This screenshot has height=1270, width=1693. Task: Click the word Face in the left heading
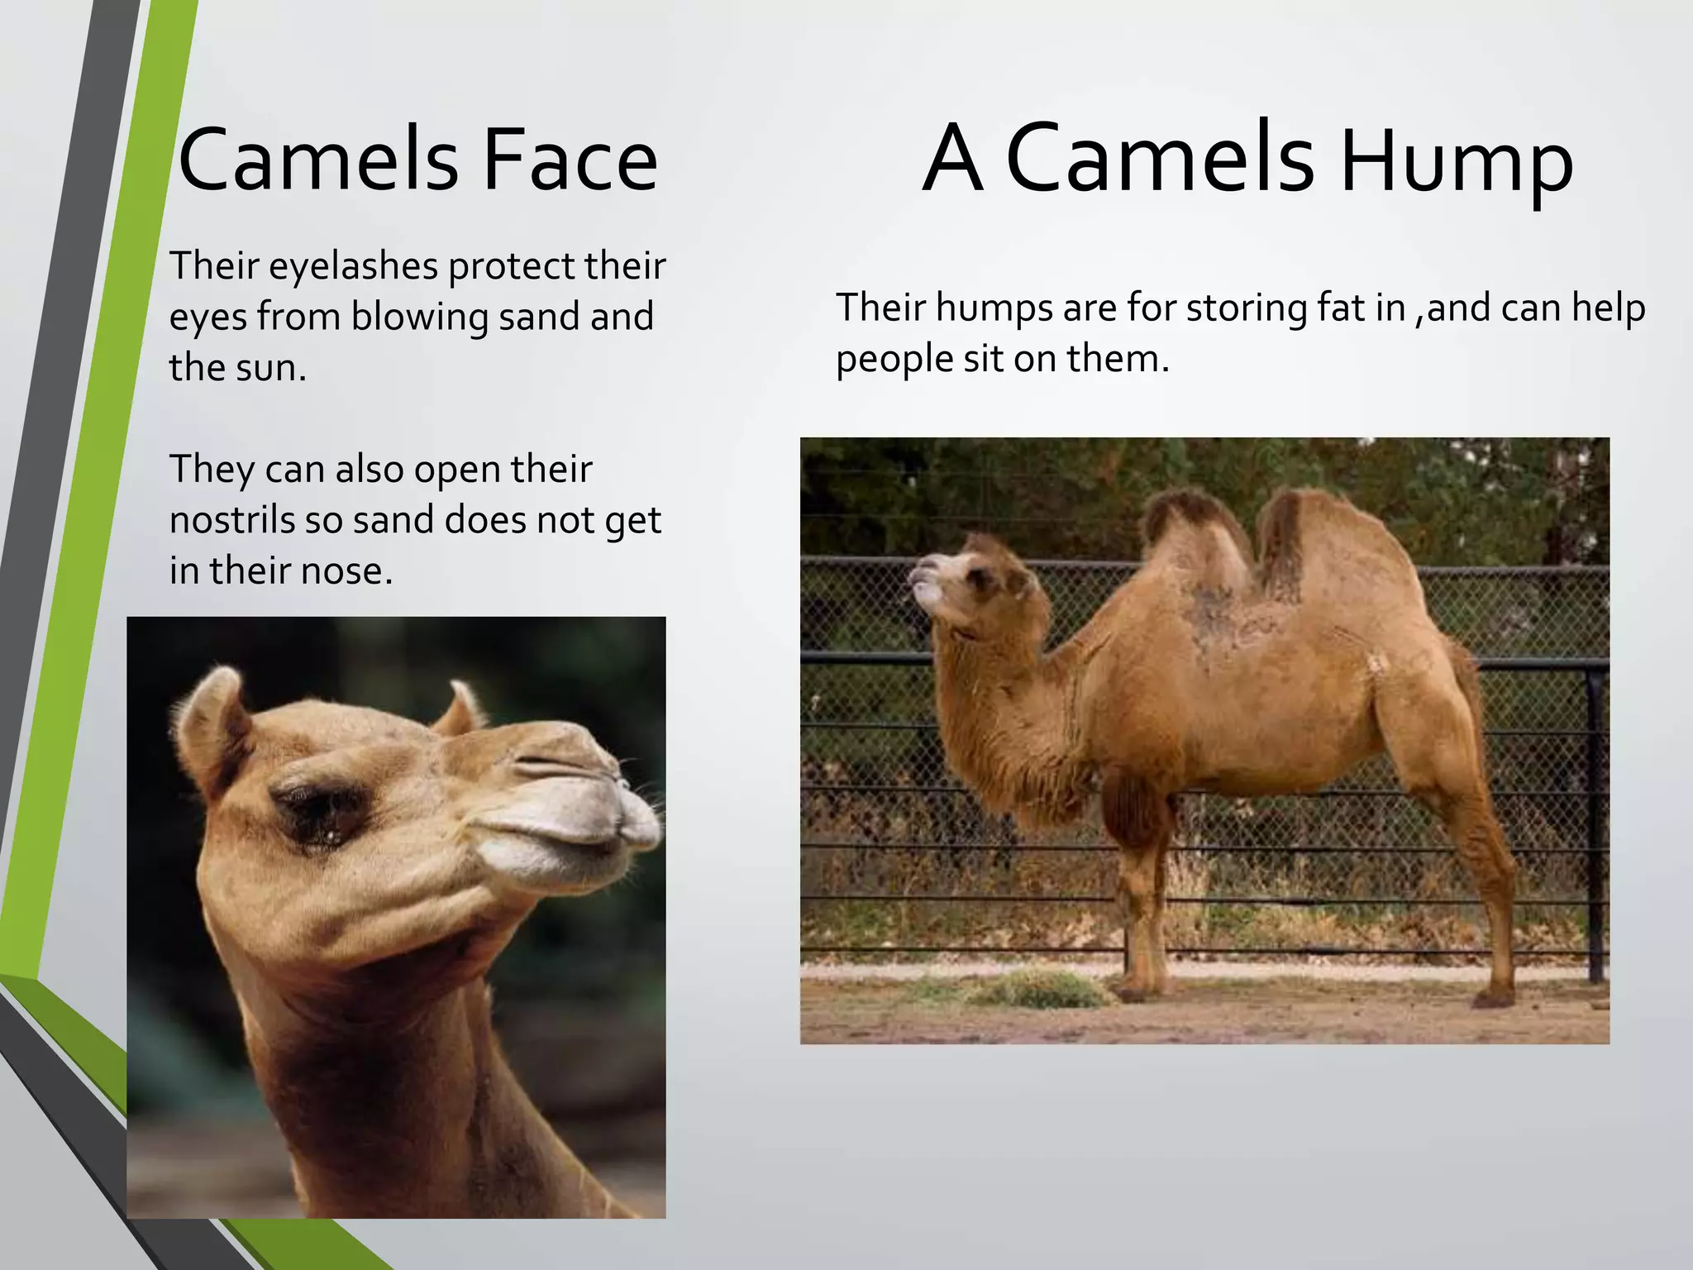pyautogui.click(x=570, y=160)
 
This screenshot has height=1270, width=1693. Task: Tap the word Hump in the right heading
pyautogui.click(x=1457, y=163)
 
